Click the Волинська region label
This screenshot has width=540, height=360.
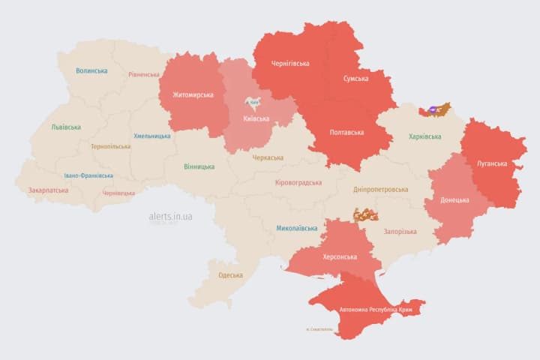click(x=91, y=70)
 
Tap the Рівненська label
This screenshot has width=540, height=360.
click(x=144, y=74)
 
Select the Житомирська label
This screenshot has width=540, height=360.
click(x=193, y=94)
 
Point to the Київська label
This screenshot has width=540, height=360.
click(x=256, y=118)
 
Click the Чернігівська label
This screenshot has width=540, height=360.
click(x=291, y=63)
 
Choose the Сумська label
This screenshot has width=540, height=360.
click(x=355, y=78)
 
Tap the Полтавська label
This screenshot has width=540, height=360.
click(x=346, y=132)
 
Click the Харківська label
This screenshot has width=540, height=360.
click(x=425, y=136)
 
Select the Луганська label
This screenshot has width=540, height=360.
click(x=492, y=163)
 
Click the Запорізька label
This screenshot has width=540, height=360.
click(x=400, y=232)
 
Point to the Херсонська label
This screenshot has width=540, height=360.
click(x=339, y=256)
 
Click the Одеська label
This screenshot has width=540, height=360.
click(x=230, y=275)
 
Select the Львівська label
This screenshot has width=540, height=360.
click(x=66, y=127)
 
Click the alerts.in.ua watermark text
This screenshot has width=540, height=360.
click(x=171, y=216)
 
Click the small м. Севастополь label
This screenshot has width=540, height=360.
click(x=319, y=329)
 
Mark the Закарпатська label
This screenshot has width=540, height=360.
click(x=48, y=190)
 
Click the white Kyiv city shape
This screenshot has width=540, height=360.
click(x=253, y=103)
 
